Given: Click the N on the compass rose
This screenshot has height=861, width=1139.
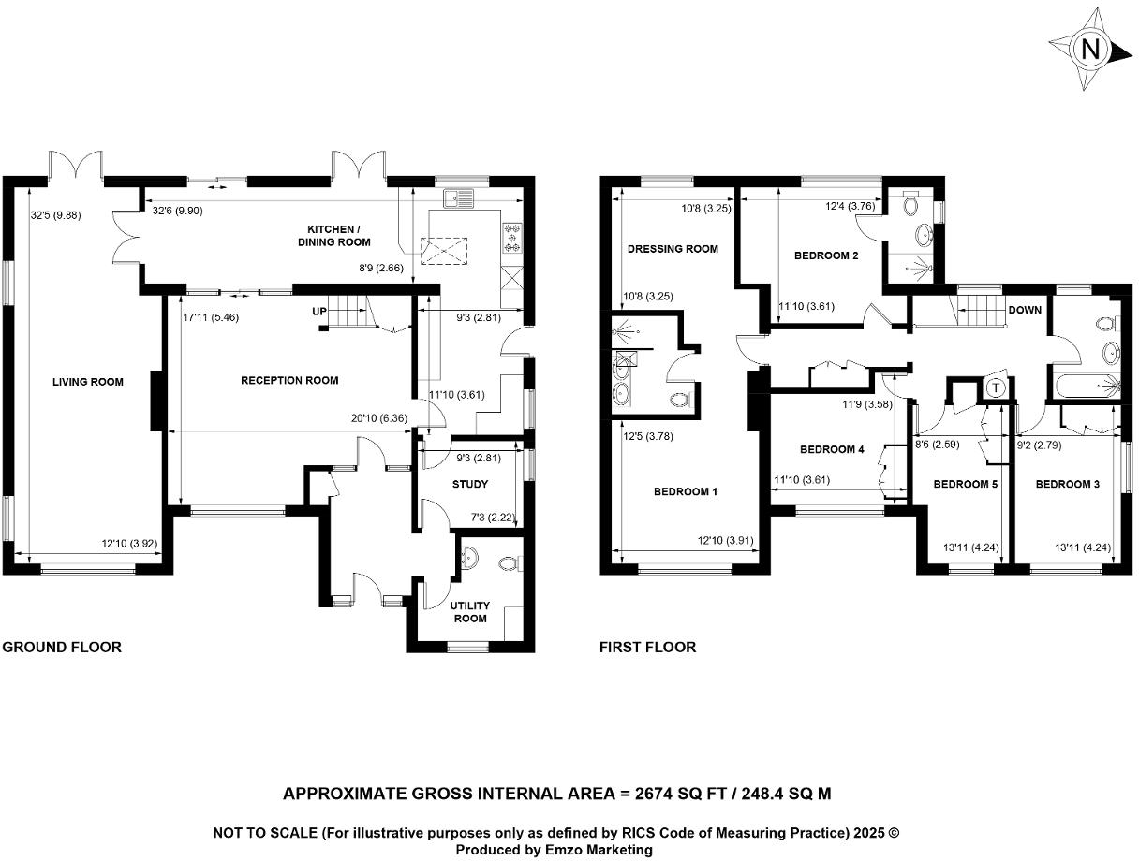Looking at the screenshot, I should click(x=1089, y=50).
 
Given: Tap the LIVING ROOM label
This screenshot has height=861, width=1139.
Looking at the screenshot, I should click(x=88, y=381).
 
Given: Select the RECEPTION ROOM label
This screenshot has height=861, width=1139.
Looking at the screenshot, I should click(x=289, y=380).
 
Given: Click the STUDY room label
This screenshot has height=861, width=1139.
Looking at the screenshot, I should click(x=470, y=484).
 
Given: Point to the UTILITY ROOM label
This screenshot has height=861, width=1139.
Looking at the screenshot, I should click(x=470, y=612).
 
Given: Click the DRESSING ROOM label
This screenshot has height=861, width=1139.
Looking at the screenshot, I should click(x=673, y=249).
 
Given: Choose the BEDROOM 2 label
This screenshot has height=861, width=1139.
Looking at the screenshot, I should click(x=826, y=255).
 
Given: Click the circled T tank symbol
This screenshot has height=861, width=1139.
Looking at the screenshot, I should click(x=996, y=387).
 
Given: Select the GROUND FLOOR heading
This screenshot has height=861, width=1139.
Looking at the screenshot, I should click(x=62, y=647).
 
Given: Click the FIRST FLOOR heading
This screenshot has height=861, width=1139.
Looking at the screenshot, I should click(x=647, y=647).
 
